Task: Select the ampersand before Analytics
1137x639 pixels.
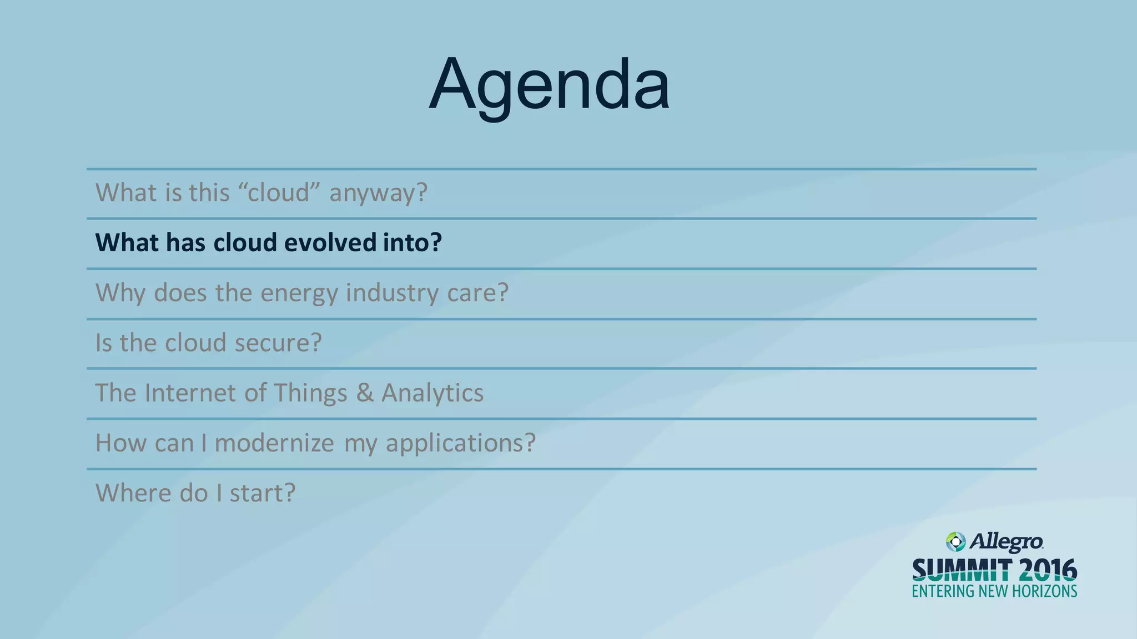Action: [x=365, y=393]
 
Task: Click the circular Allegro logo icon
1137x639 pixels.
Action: [x=955, y=542]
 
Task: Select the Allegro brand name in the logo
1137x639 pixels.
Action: [x=1006, y=542]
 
